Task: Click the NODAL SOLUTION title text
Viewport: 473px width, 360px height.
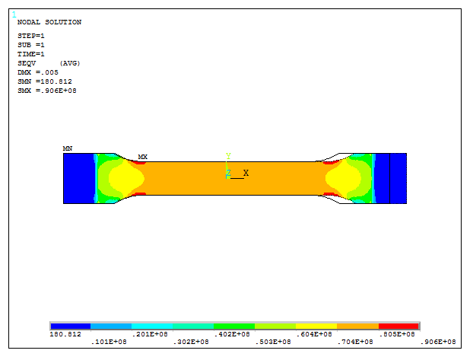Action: (x=49, y=22)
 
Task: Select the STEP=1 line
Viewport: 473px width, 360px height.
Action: (x=30, y=36)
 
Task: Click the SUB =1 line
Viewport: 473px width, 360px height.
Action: (x=30, y=45)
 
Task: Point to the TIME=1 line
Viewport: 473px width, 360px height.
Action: (x=30, y=54)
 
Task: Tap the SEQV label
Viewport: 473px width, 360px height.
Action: (x=26, y=63)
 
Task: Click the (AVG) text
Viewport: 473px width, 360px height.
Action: (x=70, y=63)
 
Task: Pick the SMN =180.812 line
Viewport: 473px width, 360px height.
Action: (x=44, y=81)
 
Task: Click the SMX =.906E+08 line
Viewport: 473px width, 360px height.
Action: (x=46, y=91)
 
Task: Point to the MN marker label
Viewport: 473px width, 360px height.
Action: (x=67, y=148)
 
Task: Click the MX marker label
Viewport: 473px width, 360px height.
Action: (x=142, y=158)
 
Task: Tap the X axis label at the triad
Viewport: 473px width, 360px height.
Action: (x=246, y=173)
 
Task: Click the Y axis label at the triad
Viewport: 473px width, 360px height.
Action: (x=228, y=156)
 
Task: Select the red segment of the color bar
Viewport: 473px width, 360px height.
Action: (x=398, y=326)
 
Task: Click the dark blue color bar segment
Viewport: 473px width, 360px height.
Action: (x=70, y=326)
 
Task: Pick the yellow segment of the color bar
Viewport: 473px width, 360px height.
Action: (x=316, y=326)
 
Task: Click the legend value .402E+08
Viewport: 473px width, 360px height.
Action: (x=235, y=334)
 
